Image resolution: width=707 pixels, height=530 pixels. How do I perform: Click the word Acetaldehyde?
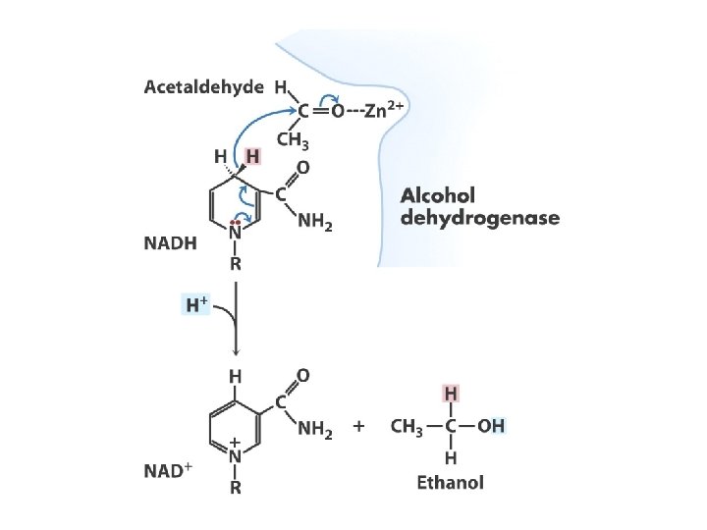coord(204,87)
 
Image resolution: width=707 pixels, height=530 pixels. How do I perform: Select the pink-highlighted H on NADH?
coord(253,155)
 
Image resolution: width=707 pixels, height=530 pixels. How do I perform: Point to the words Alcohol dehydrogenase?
coord(478,205)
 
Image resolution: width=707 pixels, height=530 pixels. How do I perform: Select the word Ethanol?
coord(450,483)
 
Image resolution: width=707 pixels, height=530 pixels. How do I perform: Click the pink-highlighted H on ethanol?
coord(451,393)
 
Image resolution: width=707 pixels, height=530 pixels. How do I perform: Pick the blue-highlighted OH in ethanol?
coord(493,427)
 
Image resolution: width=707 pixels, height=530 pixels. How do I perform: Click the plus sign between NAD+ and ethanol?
coord(359,427)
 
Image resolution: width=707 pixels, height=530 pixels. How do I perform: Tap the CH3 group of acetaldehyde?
coord(291,140)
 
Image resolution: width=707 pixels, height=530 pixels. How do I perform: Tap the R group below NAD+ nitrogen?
coord(236,485)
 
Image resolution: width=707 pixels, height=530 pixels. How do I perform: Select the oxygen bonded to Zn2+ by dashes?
coord(337,111)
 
